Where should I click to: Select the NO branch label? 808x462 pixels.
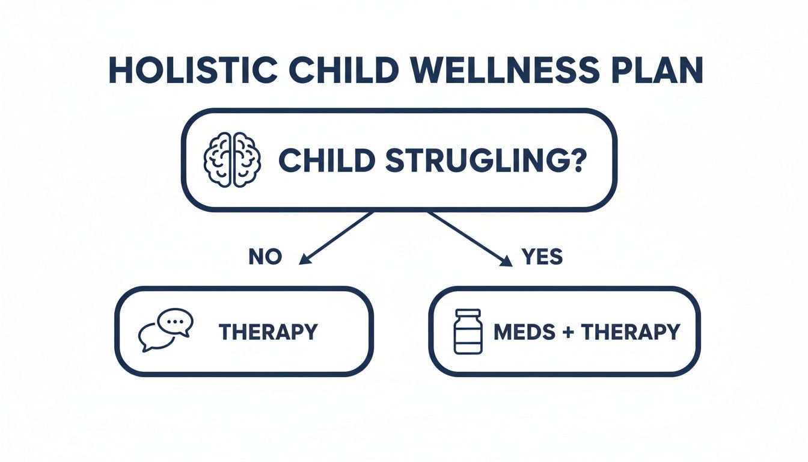tap(265, 257)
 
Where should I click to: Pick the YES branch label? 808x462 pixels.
tap(542, 257)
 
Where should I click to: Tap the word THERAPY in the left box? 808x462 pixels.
tap(268, 331)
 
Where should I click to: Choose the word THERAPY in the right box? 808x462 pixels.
tap(631, 332)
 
